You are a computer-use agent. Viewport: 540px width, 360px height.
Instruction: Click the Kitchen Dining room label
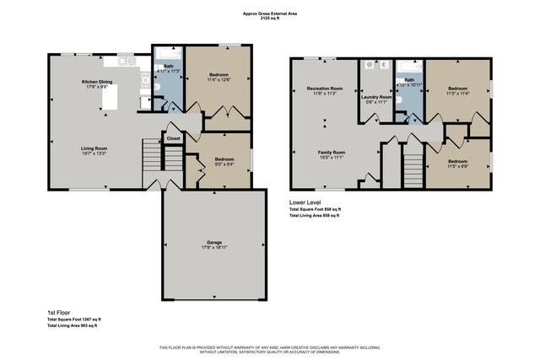(95, 83)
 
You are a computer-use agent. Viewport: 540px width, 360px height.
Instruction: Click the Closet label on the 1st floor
(173, 137)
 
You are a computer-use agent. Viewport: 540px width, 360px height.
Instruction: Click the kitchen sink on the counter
(125, 62)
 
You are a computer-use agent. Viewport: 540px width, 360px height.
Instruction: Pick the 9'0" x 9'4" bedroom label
(224, 162)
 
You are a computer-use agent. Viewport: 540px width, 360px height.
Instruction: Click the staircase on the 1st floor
(151, 155)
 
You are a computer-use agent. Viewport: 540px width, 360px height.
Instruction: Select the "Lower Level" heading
(303, 202)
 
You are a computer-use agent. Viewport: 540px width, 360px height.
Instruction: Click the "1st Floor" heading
(58, 313)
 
